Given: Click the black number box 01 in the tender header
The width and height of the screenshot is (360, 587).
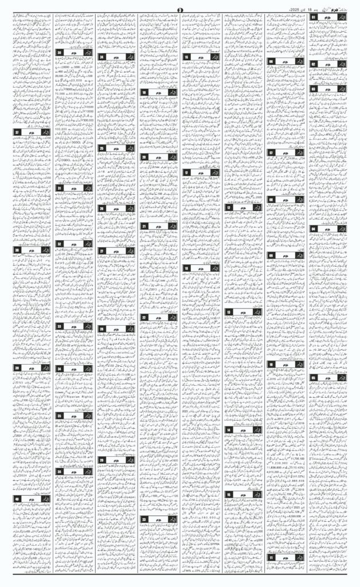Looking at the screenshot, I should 315,17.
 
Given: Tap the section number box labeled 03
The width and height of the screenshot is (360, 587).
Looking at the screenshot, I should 315,89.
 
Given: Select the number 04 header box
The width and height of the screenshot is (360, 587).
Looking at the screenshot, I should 315,229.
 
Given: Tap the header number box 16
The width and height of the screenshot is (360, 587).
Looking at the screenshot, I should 187,57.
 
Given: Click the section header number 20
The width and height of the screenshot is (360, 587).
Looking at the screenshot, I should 144,156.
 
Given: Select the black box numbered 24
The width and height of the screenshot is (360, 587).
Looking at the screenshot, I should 102,57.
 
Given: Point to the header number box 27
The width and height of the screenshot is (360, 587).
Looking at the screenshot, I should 102,251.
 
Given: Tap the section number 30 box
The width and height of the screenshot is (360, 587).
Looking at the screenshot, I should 60,53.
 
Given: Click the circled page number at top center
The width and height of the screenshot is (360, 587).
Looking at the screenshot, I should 180,9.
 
